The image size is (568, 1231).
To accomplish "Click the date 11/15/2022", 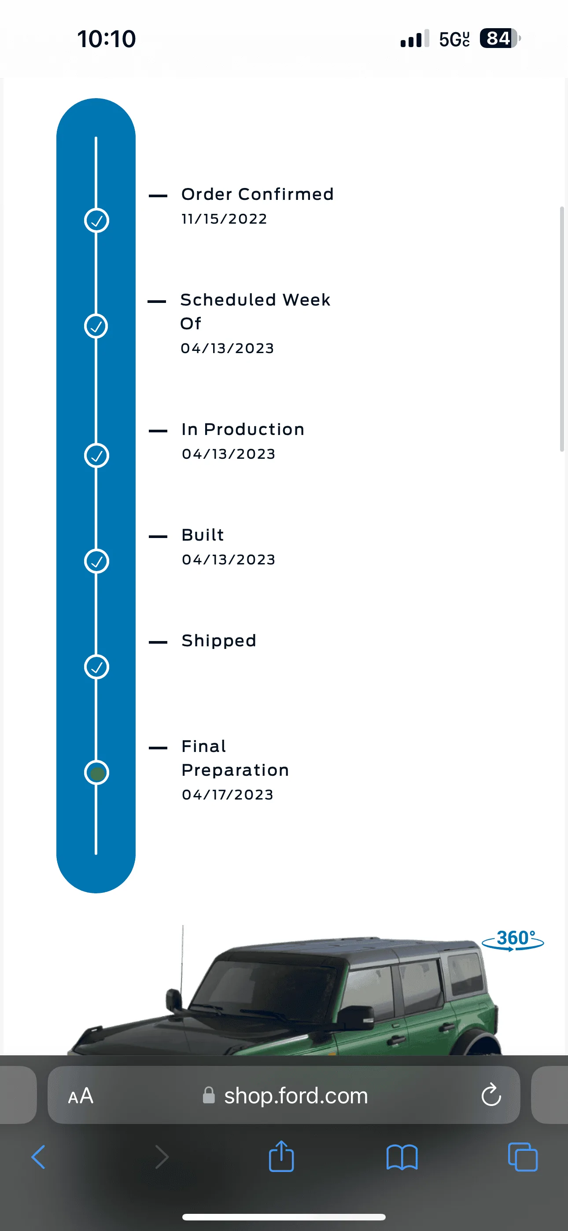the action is click(224, 219).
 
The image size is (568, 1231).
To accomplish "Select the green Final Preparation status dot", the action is click(97, 773).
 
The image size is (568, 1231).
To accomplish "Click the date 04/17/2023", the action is click(228, 795).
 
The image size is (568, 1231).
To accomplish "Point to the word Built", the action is click(203, 535).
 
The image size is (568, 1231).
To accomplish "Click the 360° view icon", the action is click(513, 940).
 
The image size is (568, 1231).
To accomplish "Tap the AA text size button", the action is click(81, 1096).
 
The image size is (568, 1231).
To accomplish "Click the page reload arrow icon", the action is click(491, 1095).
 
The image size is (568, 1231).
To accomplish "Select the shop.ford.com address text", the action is click(296, 1095).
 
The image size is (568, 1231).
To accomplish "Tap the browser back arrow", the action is click(38, 1157).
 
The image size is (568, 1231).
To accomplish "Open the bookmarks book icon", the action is click(402, 1157).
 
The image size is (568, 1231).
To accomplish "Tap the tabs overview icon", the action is click(523, 1157).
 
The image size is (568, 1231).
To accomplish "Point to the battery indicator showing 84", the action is click(500, 38).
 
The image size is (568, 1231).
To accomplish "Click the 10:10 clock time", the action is click(107, 39).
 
